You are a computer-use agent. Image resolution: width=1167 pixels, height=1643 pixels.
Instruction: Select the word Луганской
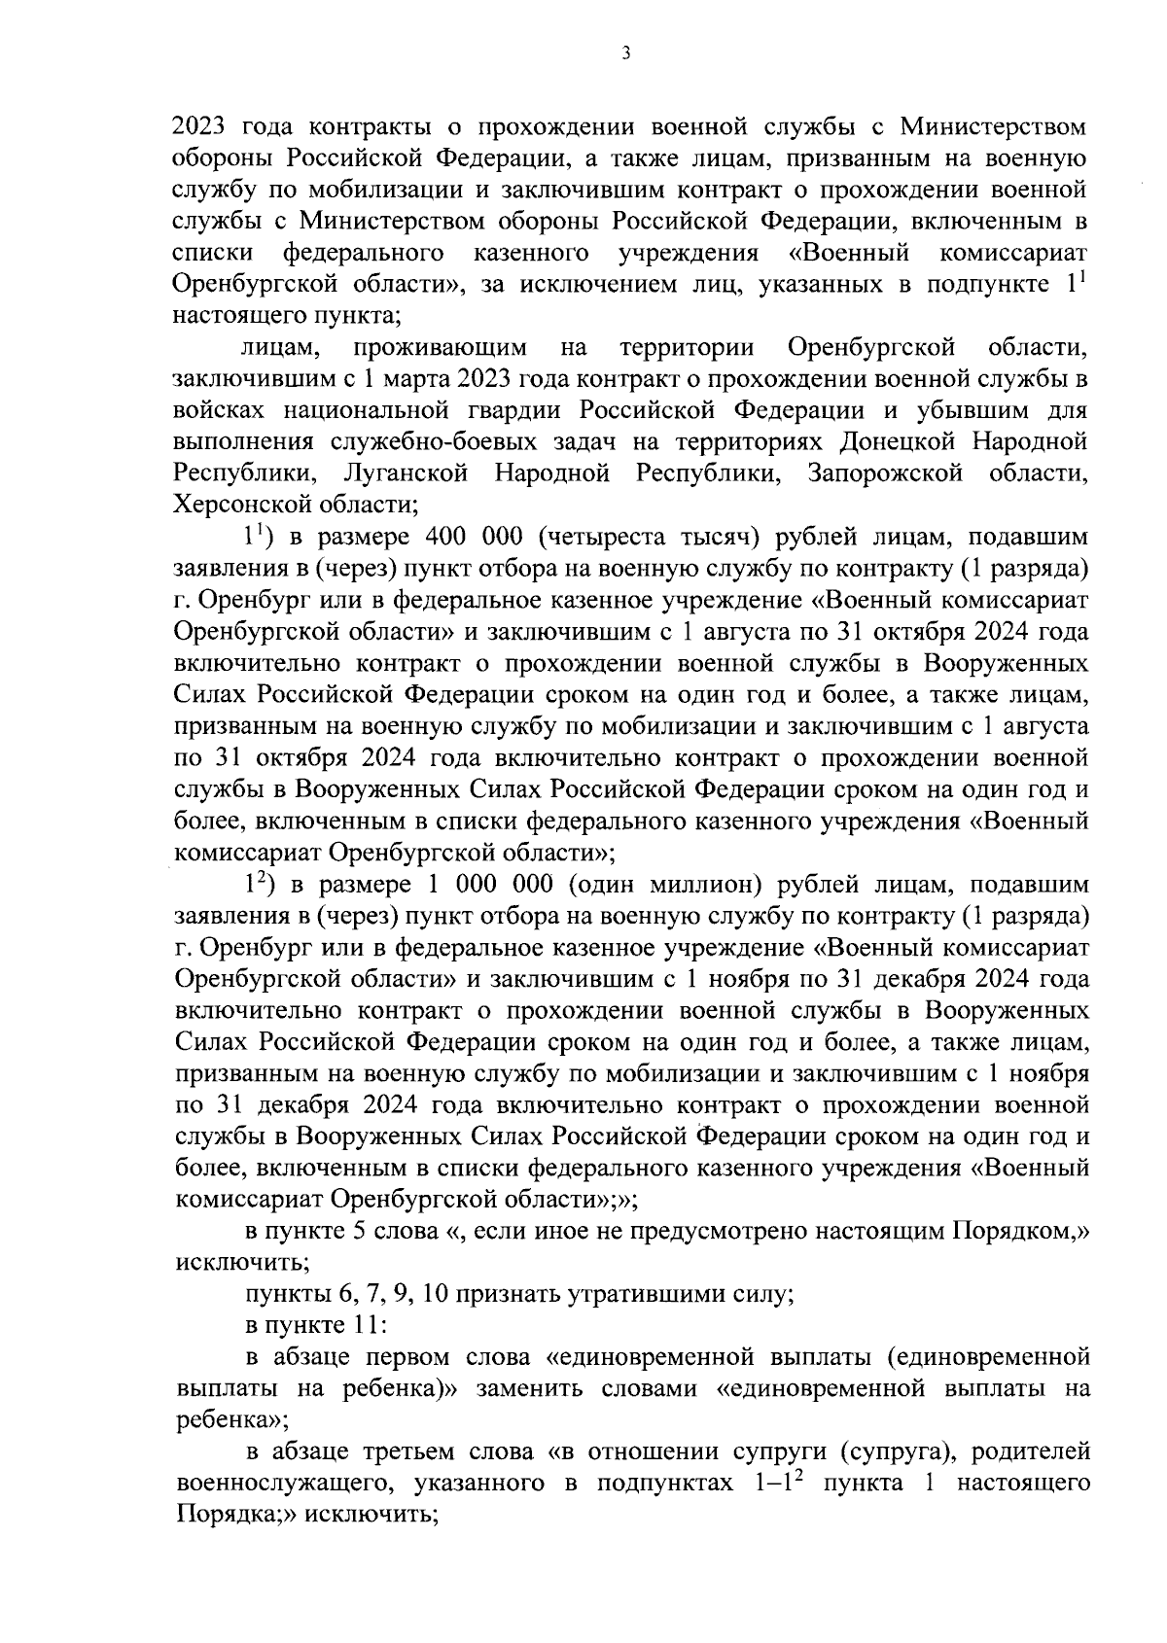[x=406, y=473]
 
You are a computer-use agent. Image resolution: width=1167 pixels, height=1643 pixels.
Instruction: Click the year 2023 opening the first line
[x=200, y=126]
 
